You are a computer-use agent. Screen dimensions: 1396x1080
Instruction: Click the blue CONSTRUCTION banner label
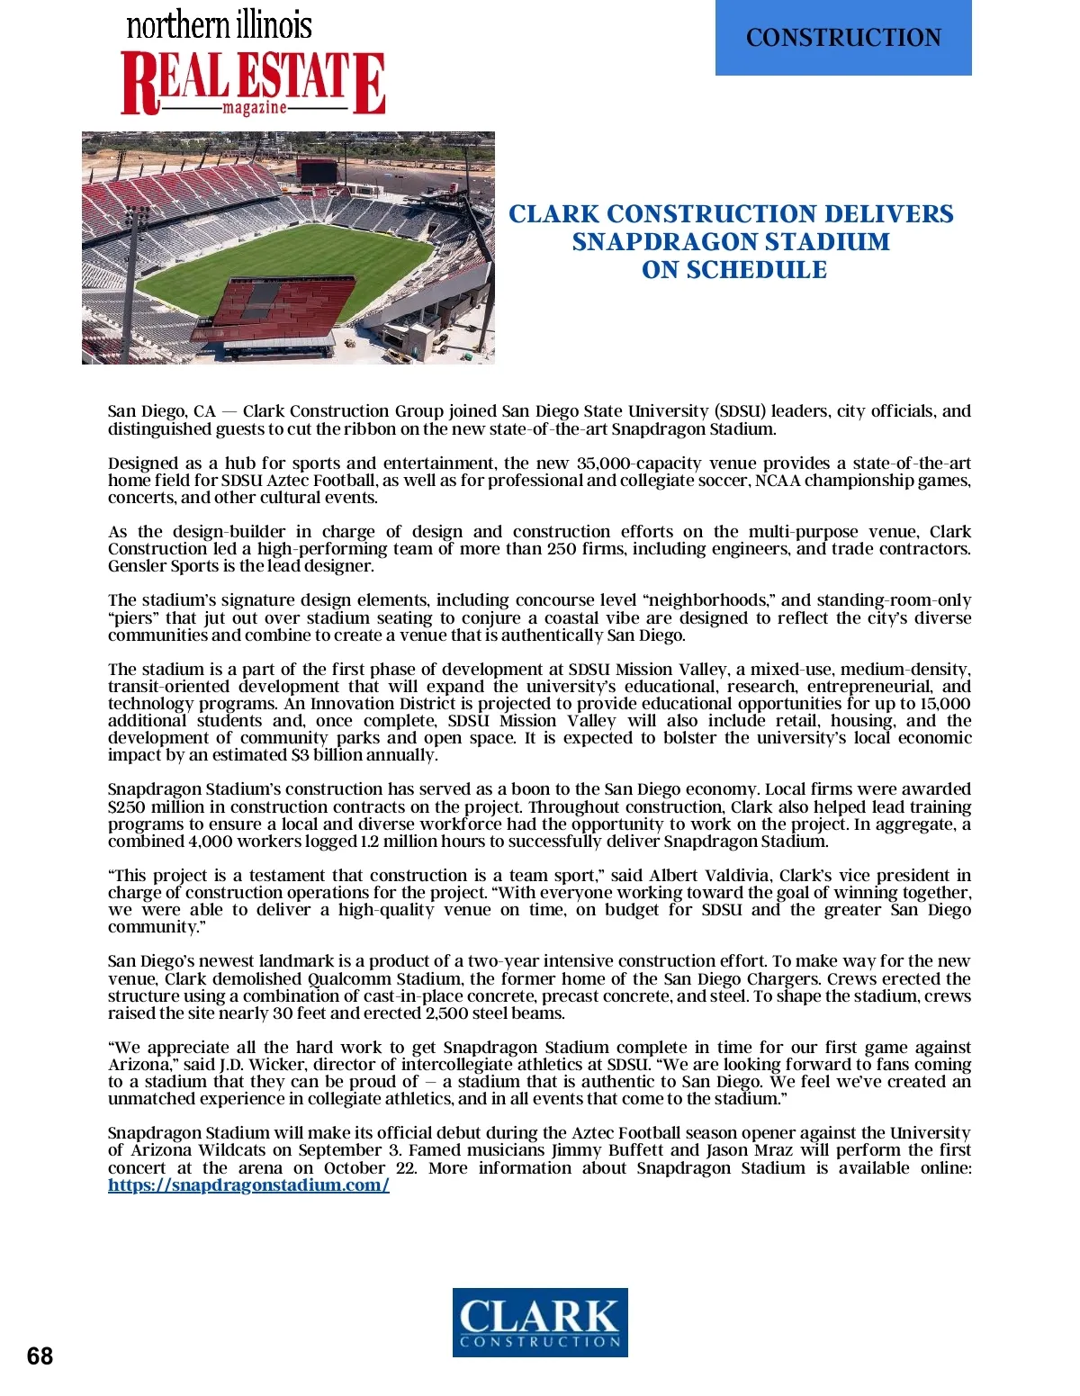click(x=843, y=38)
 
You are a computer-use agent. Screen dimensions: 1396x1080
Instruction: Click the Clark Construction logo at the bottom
click(x=540, y=1321)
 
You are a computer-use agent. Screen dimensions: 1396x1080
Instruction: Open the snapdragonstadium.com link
click(x=248, y=1185)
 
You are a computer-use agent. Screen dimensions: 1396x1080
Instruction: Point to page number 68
click(x=40, y=1356)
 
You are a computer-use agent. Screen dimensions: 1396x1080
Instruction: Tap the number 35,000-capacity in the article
click(x=638, y=464)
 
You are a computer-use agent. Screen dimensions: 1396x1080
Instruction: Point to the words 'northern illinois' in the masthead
click(x=219, y=24)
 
